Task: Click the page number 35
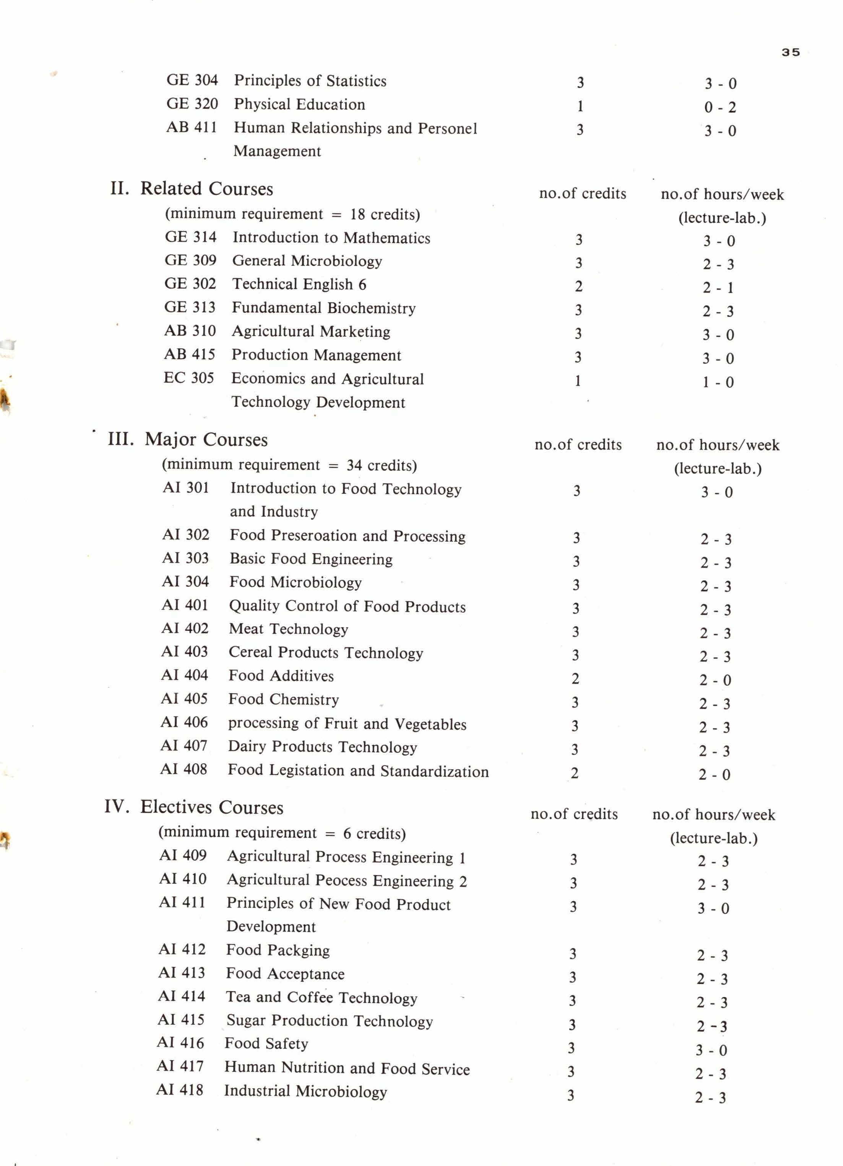pyautogui.click(x=790, y=52)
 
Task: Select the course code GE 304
pyautogui.click(x=192, y=80)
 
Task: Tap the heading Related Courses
pyautogui.click(x=206, y=189)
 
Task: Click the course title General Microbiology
pyautogui.click(x=307, y=261)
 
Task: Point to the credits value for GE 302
pyautogui.click(x=578, y=287)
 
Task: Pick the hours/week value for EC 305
pyautogui.click(x=718, y=382)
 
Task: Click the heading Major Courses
pyautogui.click(x=206, y=440)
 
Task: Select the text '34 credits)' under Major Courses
pyautogui.click(x=382, y=466)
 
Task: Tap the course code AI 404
pyautogui.click(x=185, y=675)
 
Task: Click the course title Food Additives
pyautogui.click(x=281, y=676)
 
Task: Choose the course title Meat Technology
pyautogui.click(x=288, y=629)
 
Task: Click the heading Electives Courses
pyautogui.click(x=211, y=808)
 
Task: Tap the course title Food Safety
pyautogui.click(x=266, y=1044)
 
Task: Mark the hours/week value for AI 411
pyautogui.click(x=713, y=908)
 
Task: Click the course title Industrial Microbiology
pyautogui.click(x=305, y=1091)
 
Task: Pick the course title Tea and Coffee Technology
pyautogui.click(x=321, y=997)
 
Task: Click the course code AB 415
pyautogui.click(x=189, y=354)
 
